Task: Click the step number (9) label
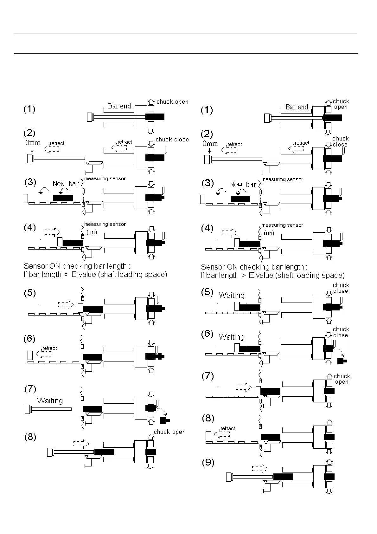(208, 463)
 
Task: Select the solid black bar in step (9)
(283, 476)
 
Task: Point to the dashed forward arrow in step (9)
(260, 468)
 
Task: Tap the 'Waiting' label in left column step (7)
(50, 401)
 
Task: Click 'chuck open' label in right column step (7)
(342, 379)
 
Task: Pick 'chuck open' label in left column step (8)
(169, 432)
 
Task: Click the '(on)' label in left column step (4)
(92, 232)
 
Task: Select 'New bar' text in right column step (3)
(243, 185)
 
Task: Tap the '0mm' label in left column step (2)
(33, 143)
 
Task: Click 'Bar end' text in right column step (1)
(297, 107)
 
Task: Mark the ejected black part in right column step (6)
(342, 361)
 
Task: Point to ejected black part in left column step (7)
(165, 420)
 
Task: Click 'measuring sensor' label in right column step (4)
(282, 225)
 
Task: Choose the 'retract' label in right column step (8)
(228, 429)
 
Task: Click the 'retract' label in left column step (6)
(49, 348)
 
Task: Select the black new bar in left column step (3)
(63, 198)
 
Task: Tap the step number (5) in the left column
(30, 293)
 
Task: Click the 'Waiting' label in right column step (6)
(232, 337)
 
